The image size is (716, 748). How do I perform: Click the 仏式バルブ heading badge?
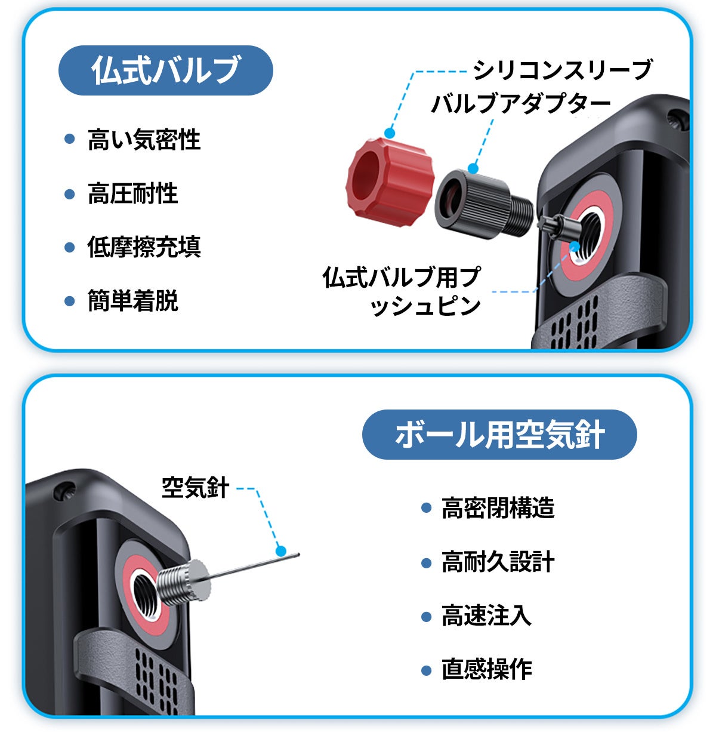pyautogui.click(x=165, y=70)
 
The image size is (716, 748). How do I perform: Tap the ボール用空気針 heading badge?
pyautogui.click(x=499, y=435)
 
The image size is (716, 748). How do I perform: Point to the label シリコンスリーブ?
pyautogui.click(x=562, y=70)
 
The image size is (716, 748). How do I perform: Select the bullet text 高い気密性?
pyautogui.click(x=144, y=140)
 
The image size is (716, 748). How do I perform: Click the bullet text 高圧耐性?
pyautogui.click(x=132, y=193)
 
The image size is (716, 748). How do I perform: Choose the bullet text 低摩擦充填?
pyautogui.click(x=144, y=247)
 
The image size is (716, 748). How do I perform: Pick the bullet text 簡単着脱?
pyautogui.click(x=132, y=301)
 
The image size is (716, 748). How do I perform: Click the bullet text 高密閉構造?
pyautogui.click(x=498, y=508)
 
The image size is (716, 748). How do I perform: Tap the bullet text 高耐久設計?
pyautogui.click(x=498, y=562)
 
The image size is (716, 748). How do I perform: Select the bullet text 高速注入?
pyautogui.click(x=486, y=615)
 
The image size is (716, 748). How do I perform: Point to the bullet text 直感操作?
pyautogui.click(x=486, y=669)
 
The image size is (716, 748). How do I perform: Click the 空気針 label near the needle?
pyautogui.click(x=195, y=488)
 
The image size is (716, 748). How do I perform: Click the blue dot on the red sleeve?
pyautogui.click(x=390, y=133)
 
